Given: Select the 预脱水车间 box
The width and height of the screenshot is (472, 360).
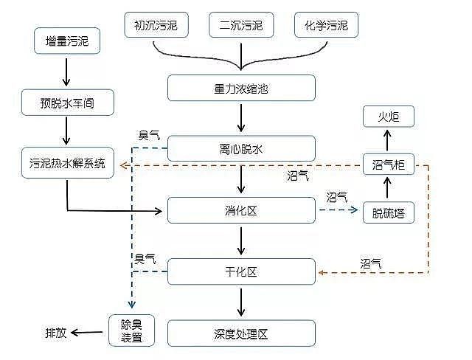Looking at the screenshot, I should coord(66,103).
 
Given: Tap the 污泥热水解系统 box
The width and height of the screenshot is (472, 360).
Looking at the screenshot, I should coord(66,163).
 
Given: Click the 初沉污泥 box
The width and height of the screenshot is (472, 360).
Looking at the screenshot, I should coord(156,27).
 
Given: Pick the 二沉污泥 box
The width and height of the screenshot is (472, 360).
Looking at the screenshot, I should coord(240,27).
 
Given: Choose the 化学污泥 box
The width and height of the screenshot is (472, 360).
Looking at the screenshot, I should coord(326,27).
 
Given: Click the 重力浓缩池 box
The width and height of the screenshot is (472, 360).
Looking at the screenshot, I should coord(241,88).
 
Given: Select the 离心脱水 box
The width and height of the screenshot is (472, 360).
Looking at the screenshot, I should coord(241,149).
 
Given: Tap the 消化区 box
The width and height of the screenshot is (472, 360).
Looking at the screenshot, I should coord(241,210).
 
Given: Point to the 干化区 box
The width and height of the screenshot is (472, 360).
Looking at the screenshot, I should coord(241,271).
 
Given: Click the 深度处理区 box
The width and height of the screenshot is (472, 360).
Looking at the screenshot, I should coord(241,333).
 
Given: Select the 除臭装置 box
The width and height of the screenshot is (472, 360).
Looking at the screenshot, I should coord(132,332).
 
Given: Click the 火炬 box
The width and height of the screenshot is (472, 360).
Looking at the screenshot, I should coord(389,116).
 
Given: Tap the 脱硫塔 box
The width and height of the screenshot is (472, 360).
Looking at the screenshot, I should coord(389,212).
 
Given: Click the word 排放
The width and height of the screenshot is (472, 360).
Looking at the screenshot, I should coord(56,333).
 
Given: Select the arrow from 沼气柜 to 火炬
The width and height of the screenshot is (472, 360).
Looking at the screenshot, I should coord(389,139).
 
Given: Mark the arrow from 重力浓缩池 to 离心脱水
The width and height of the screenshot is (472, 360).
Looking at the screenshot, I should coord(241,118).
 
